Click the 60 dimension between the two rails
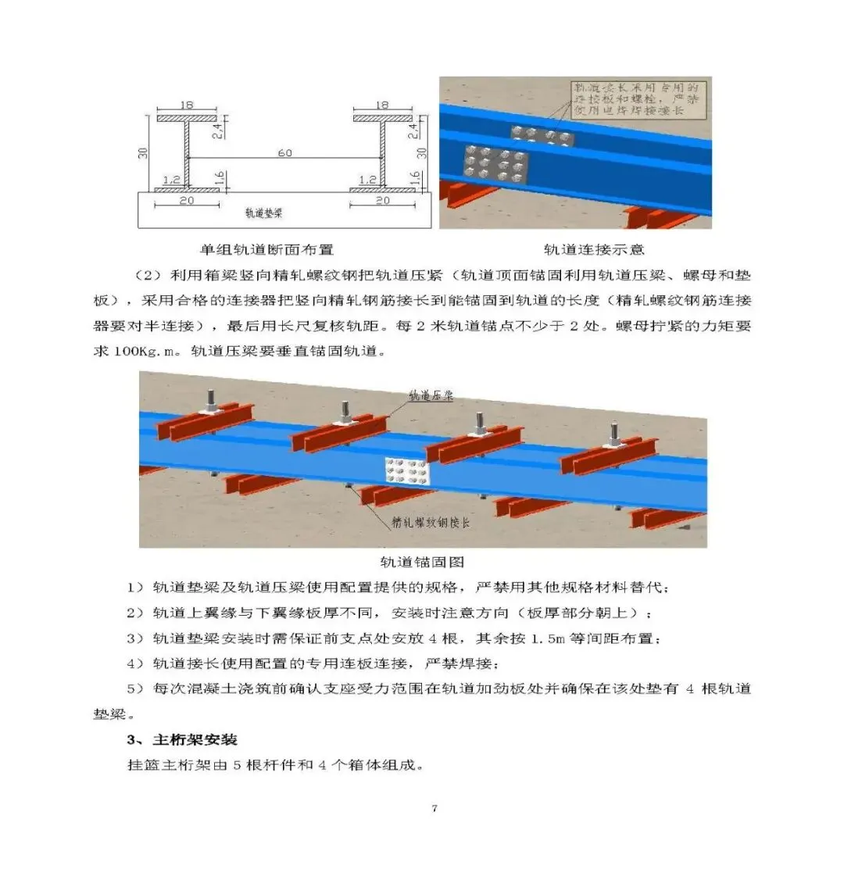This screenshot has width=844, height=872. pos(284,153)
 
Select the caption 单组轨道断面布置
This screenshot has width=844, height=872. pos(266,250)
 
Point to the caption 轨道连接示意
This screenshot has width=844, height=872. pos(595,250)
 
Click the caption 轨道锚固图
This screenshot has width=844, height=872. pos(422,562)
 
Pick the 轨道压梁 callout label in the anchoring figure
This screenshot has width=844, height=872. pos(431,397)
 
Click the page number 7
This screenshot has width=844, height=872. pos(434,808)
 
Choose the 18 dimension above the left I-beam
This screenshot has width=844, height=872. pos(186,104)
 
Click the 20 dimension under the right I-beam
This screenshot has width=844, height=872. pos(383,201)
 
